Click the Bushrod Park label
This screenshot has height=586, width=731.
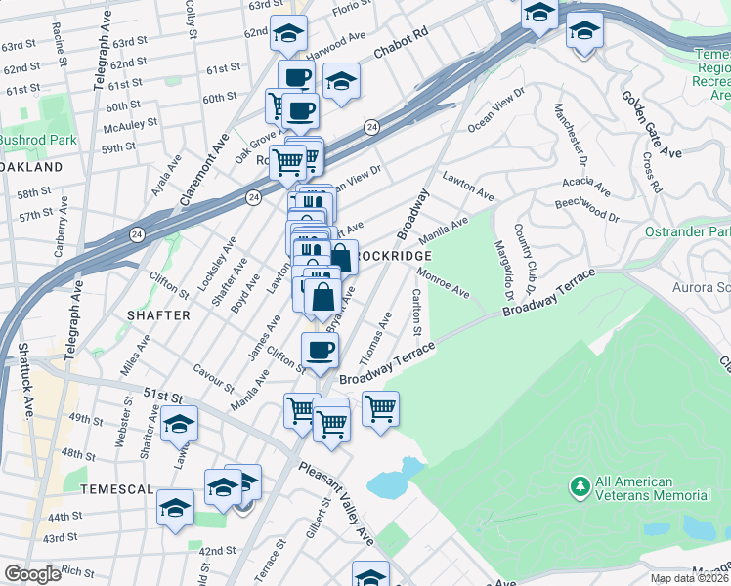click(x=38, y=140)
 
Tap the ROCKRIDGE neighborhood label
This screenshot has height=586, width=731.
click(x=392, y=255)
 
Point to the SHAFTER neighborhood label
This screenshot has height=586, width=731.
click(x=158, y=314)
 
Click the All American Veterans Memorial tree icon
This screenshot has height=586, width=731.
click(x=580, y=485)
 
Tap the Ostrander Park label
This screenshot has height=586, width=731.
click(x=688, y=231)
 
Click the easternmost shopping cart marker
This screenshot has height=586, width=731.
click(x=380, y=407)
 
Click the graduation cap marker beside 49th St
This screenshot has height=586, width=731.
click(x=179, y=423)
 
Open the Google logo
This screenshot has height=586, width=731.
click(x=32, y=574)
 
